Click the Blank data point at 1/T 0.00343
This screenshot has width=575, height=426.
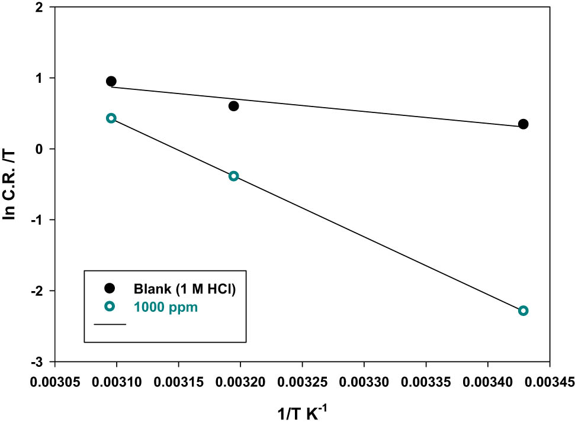(523, 124)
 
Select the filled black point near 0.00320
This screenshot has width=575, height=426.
(233, 106)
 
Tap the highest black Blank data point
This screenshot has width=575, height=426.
(111, 81)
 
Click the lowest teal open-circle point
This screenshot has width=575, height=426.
(523, 311)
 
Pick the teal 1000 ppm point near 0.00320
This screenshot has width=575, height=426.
(233, 176)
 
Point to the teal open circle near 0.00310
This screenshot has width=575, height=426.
(111, 118)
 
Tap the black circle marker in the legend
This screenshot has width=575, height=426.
(109, 288)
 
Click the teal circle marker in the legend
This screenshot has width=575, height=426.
(109, 306)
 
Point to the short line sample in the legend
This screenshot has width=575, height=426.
(109, 324)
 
